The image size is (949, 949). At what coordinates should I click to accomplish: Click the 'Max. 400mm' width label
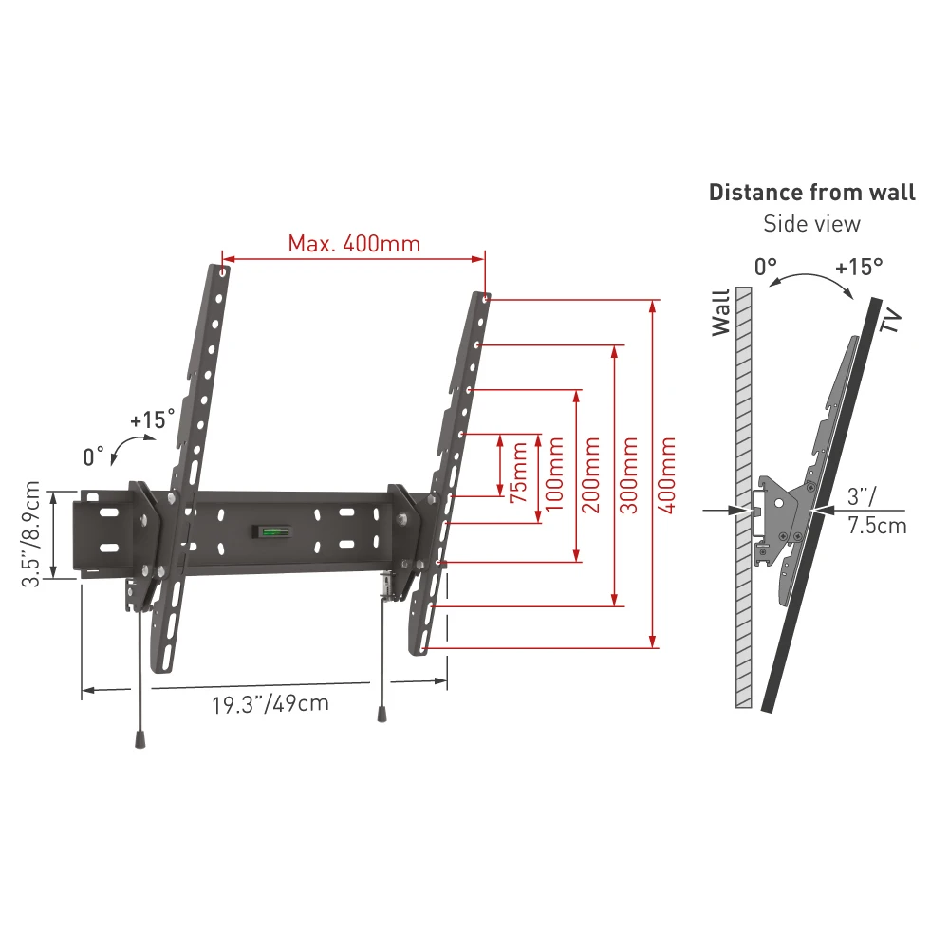pos(354,244)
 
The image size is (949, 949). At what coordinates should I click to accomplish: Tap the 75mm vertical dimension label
pos(519,473)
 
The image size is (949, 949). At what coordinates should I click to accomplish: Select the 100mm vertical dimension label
pos(554,474)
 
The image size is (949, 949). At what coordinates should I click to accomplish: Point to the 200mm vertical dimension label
pos(590,475)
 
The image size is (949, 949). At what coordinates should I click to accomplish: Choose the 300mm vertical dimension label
pos(629,475)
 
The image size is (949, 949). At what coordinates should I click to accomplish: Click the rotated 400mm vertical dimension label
pos(666,475)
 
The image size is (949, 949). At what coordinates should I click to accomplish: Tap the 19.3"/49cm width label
pos(270,704)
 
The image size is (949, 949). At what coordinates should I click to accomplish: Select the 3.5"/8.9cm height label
pos(30,533)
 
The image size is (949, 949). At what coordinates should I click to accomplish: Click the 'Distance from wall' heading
pos(811,193)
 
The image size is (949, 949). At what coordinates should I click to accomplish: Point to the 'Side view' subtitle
pos(811,224)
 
